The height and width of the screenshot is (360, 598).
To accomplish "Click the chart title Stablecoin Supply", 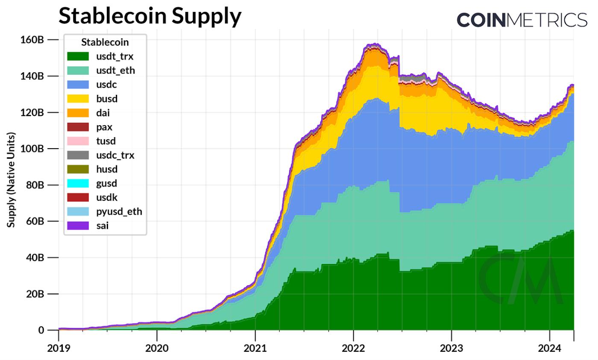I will point(149,16).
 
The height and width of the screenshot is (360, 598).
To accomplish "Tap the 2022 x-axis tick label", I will point(353,348).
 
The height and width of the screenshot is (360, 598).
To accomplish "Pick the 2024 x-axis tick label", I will point(549,348).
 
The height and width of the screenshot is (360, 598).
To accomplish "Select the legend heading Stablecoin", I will point(105,42).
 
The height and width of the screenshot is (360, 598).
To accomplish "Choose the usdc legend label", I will point(106,85).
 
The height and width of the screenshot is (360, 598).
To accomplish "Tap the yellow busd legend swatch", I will point(78,99).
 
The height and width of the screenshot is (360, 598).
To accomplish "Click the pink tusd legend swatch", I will point(78,141).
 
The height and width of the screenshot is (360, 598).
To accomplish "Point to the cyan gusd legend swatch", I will point(78,183).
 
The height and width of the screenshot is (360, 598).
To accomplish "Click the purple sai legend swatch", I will point(78,225).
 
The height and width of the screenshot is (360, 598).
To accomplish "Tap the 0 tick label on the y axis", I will point(41,330).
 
